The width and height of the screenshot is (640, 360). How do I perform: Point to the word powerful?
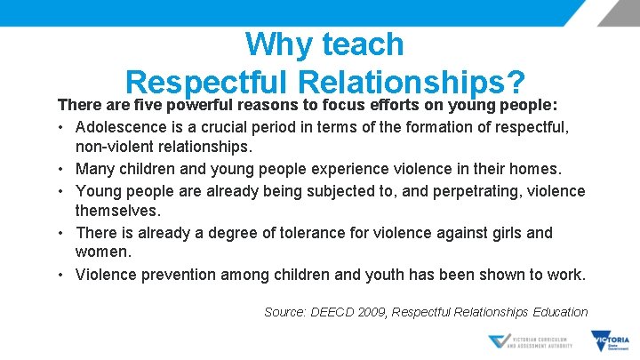(x=212, y=104)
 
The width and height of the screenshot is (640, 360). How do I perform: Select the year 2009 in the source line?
(x=369, y=312)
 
